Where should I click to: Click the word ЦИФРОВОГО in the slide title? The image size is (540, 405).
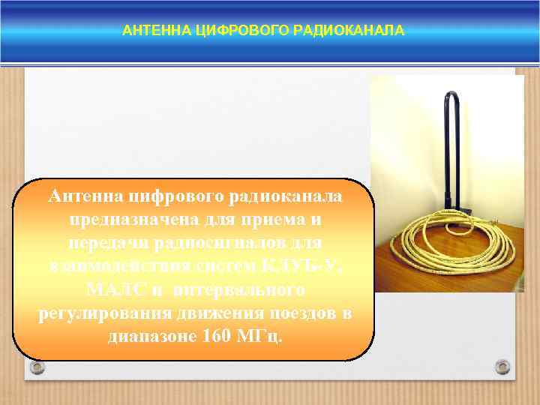(x=228, y=31)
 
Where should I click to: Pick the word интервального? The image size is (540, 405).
(x=238, y=289)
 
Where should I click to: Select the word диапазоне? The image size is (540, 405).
(x=151, y=335)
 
